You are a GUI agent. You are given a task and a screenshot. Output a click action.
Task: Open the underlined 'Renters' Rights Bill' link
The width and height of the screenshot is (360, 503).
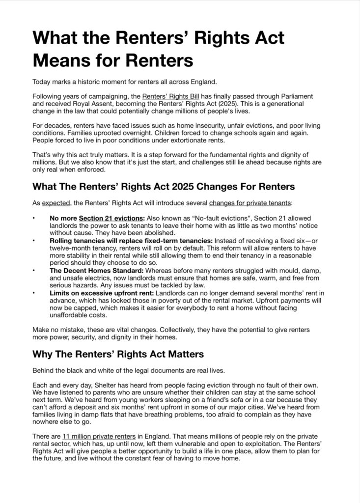point(170,96)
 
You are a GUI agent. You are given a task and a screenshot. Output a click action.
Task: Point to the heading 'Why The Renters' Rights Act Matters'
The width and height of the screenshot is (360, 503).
point(118,354)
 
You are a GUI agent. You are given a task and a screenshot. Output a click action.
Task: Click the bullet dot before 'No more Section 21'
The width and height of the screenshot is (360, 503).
point(34,218)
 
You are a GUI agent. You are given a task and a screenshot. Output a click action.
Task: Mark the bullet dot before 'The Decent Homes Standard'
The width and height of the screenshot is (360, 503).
point(34,271)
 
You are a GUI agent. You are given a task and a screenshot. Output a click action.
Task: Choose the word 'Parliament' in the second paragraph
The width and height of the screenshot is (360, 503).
point(295,96)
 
